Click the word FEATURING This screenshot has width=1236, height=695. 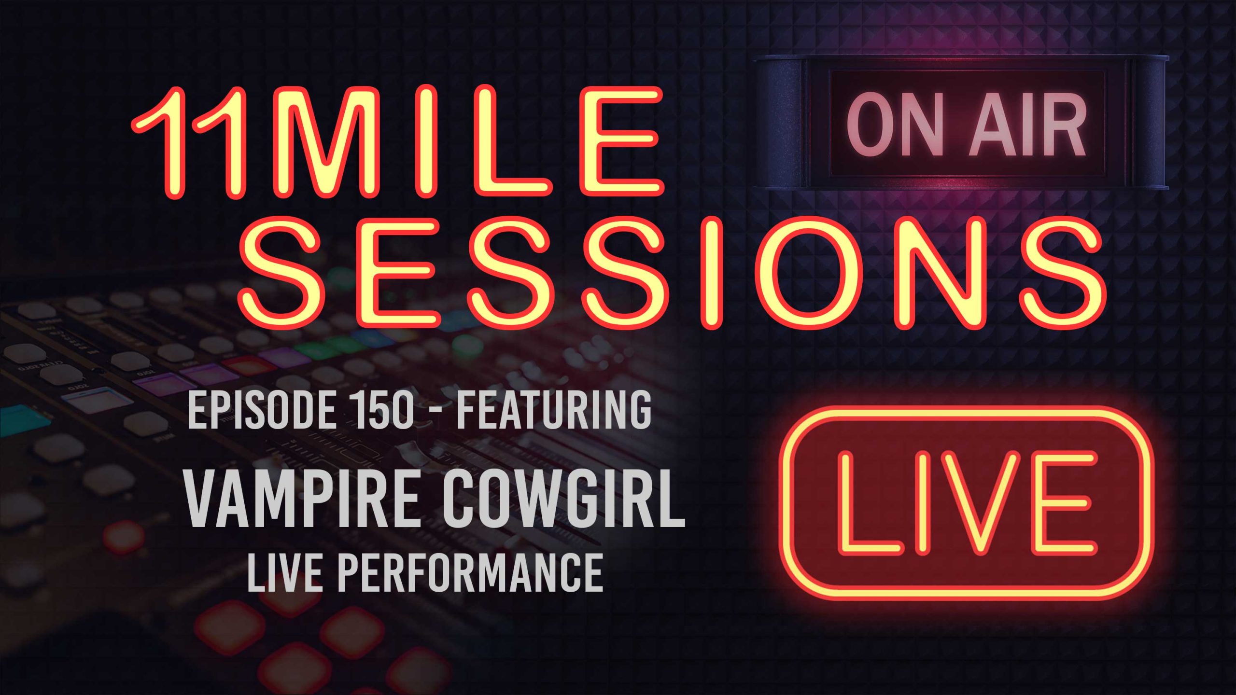tap(554, 410)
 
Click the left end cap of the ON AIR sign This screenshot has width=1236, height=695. tap(780, 123)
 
